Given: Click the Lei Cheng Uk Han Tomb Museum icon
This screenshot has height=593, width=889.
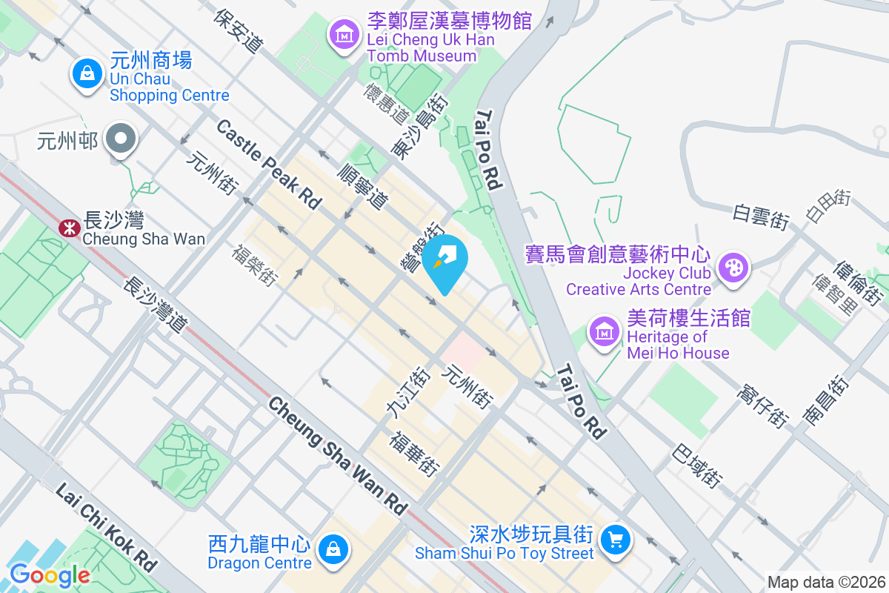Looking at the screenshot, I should coord(344,34).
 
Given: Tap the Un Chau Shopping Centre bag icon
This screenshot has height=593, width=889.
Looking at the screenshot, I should coord(87,73).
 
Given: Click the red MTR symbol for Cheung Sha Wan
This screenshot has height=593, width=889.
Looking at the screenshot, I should coord(70,228).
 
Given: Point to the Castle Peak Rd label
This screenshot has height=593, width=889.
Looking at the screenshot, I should coord(269,164).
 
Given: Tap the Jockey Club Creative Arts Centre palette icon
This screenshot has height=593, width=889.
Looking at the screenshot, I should coord(733,268).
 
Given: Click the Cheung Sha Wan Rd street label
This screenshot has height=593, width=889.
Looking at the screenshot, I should coord(338,455).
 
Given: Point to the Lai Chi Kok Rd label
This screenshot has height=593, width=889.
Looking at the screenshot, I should coord(107,527).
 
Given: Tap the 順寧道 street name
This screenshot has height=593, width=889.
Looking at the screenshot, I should coord(362,185).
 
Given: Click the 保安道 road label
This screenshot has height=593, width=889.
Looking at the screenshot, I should coord(238,30).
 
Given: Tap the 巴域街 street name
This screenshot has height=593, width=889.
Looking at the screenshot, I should coord(697,466).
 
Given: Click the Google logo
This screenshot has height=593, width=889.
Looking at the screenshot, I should coord(50,574).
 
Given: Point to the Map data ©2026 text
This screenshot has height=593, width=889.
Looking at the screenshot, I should coord(826,582).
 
